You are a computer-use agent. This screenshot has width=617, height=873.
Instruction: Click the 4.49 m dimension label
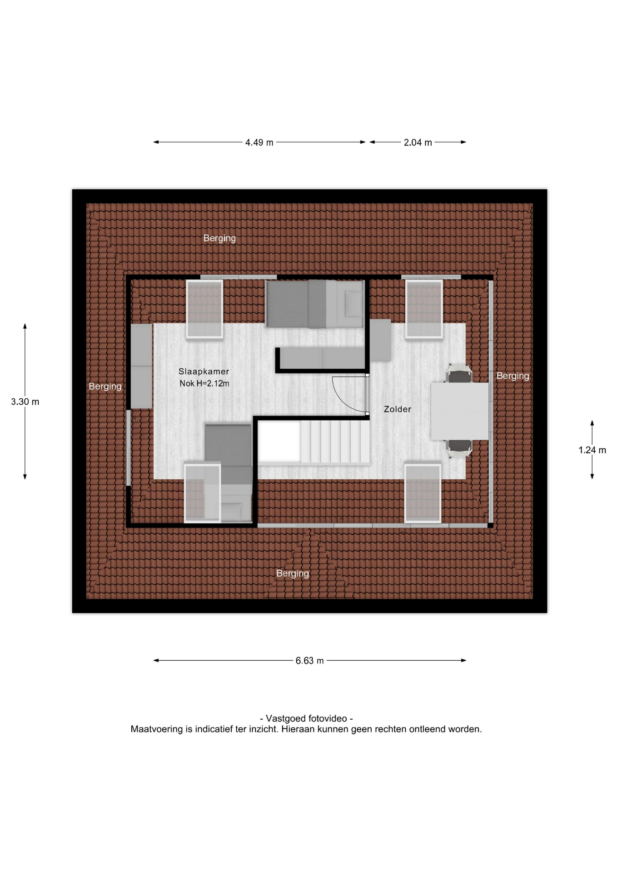coord(259,142)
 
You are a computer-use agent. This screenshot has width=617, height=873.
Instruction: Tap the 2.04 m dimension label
coord(418,142)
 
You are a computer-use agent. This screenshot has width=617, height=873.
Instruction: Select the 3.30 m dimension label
coord(25,402)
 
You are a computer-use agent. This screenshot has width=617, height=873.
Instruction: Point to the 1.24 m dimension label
coord(592,450)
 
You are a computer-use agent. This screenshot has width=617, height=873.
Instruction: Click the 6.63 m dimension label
coord(309,661)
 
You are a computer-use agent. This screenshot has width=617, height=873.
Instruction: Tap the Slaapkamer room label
coord(204,371)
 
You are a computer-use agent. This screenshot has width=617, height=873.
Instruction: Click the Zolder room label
coord(398,409)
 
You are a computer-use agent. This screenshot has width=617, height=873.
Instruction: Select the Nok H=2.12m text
coord(204,383)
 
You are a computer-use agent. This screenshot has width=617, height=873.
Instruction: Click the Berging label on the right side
coord(513,376)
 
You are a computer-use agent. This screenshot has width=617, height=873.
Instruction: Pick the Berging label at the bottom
coord(293,574)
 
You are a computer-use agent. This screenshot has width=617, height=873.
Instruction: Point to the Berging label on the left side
coord(105,386)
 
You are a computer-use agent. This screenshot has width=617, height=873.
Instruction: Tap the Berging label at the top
coord(219,238)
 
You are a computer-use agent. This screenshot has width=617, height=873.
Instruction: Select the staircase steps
coord(335,442)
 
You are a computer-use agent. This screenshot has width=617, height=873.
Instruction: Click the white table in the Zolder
coord(460,411)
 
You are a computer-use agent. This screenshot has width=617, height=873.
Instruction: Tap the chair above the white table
coord(459,374)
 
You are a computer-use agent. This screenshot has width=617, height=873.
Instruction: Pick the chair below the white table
coord(459,448)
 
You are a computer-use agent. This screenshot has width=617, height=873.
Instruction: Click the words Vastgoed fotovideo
coord(306,719)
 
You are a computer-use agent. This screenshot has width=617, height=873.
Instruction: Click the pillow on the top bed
coord(353,304)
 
